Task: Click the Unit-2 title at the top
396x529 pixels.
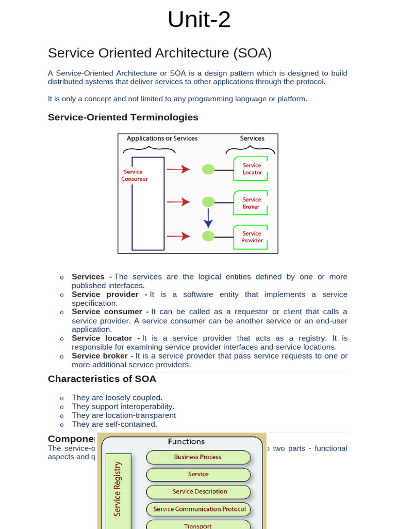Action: [199, 20]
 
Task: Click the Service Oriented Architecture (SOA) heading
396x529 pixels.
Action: [159, 53]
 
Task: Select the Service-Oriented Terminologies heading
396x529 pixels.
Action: [123, 117]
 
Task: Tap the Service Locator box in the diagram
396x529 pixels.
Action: [252, 169]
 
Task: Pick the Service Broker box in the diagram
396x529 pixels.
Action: [252, 203]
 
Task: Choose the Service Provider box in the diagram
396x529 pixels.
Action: [252, 237]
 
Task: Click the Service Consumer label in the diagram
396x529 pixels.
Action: [134, 176]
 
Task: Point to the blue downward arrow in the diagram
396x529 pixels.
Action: [208, 218]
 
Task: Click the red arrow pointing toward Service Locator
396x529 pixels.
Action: [178, 169]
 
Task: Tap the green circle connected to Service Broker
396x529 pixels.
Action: [208, 202]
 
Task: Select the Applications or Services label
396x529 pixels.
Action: [162, 138]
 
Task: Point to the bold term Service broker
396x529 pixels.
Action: [102, 356]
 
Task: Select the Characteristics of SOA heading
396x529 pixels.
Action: [102, 379]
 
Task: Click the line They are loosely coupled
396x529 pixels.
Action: [117, 398]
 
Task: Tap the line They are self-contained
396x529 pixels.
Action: [114, 424]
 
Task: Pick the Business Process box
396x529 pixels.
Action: [198, 457]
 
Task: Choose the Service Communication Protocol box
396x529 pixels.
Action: [199, 509]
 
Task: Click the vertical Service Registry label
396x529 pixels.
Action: [118, 488]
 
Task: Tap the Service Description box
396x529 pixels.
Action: [199, 492]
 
